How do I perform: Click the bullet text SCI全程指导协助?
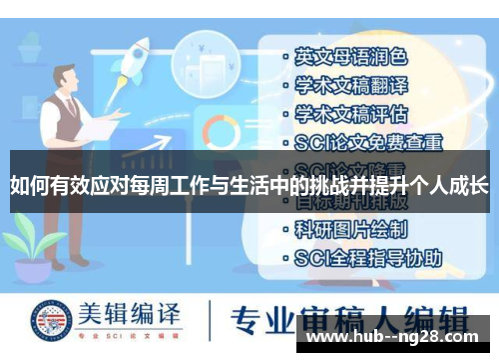click(368, 257)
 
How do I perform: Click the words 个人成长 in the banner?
click(448, 184)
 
